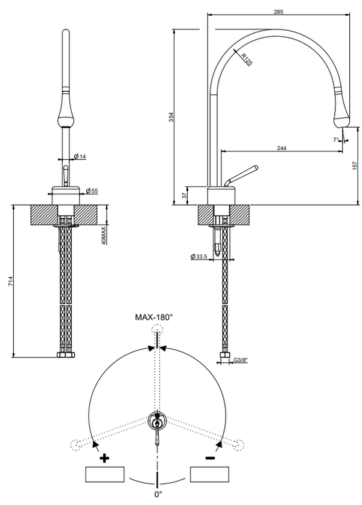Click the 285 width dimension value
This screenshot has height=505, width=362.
pyautogui.click(x=278, y=11)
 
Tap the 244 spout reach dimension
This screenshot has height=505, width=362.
pyautogui.click(x=281, y=148)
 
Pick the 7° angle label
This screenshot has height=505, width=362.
pyautogui.click(x=335, y=140)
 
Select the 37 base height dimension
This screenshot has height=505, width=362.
pyautogui.click(x=185, y=196)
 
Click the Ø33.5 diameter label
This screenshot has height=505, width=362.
pyautogui.click(x=199, y=257)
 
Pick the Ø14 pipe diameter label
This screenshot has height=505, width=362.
pyautogui.click(x=79, y=157)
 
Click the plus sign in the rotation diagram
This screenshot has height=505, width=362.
pyautogui.click(x=105, y=459)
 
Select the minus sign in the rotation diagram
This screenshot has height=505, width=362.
pyautogui.click(x=209, y=459)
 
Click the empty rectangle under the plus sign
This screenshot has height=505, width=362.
pyautogui.click(x=105, y=475)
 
